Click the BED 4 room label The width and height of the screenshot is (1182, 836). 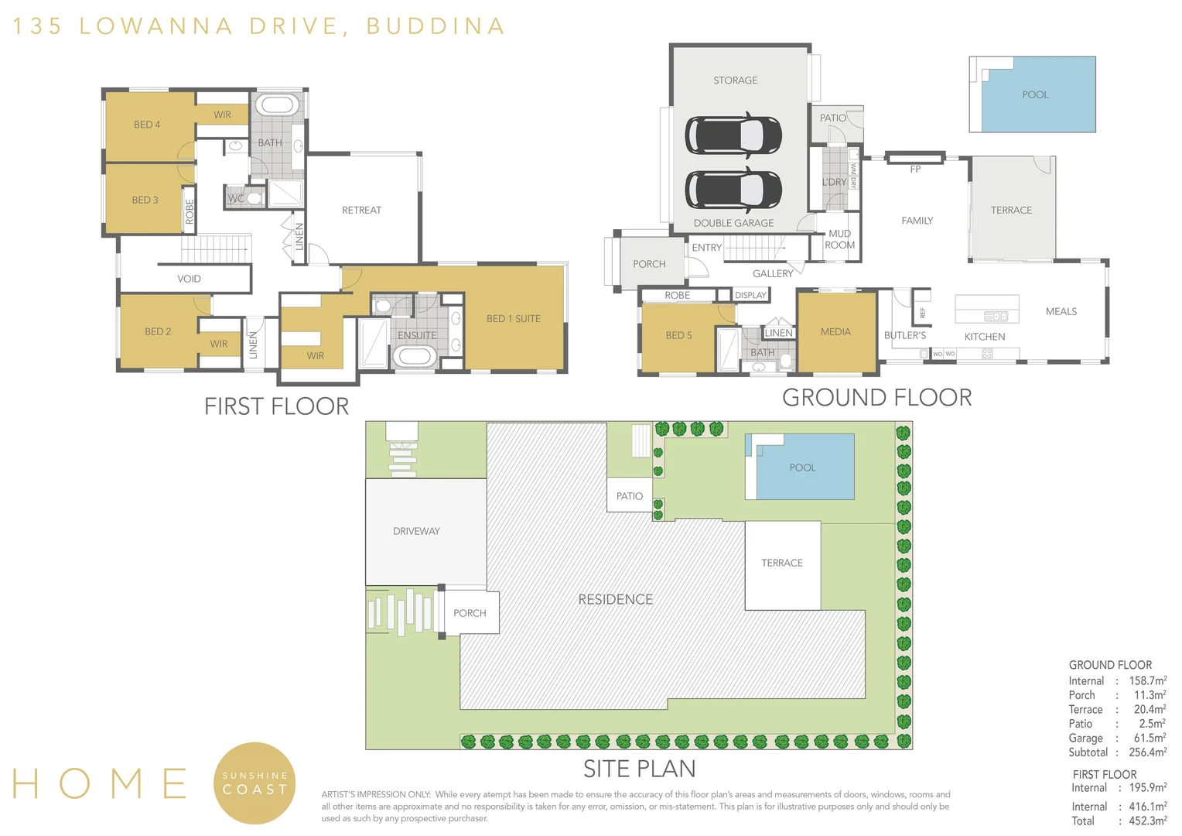[x=147, y=125]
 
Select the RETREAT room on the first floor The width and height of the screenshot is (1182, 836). [x=361, y=210]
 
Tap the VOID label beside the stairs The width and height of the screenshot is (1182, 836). [x=189, y=279]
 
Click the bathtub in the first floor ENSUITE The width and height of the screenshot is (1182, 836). [x=415, y=357]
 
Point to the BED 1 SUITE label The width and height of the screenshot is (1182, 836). [x=513, y=318]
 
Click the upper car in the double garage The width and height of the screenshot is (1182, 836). [x=733, y=135]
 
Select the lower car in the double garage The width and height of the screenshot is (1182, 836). [x=733, y=190]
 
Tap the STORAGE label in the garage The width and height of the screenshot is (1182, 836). [x=735, y=81]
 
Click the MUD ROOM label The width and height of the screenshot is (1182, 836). [x=839, y=239]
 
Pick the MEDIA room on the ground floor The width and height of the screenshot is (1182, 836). [x=835, y=331]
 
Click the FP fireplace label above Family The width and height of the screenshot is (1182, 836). [x=915, y=169]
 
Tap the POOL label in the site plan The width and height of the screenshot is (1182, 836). [x=802, y=468]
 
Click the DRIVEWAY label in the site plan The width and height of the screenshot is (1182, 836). [x=416, y=531]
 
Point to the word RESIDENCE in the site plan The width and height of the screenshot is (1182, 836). [x=615, y=599]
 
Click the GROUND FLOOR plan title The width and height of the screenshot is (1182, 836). [x=876, y=397]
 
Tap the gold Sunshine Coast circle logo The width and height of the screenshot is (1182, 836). [x=255, y=783]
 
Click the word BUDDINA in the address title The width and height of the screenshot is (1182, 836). [x=436, y=26]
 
